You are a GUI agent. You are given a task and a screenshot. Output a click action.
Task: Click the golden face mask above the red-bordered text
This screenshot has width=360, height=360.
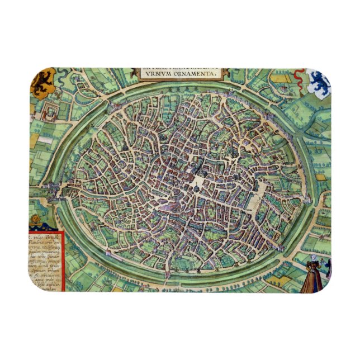(35, 219)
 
